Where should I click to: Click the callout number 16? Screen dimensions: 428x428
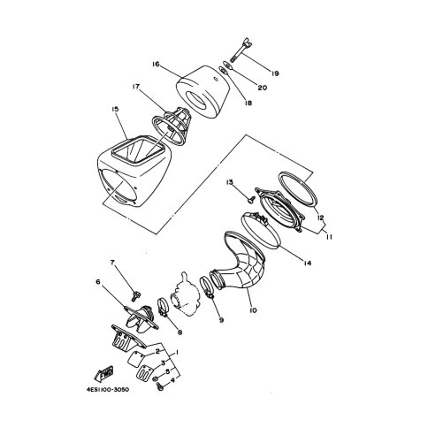pyautogui.click(x=156, y=65)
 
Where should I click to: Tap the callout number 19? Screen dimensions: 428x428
pyautogui.click(x=275, y=73)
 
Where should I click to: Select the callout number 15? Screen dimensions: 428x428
pyautogui.click(x=115, y=110)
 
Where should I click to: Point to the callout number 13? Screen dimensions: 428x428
pyautogui.click(x=230, y=182)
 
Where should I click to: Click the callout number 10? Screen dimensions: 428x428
pyautogui.click(x=253, y=310)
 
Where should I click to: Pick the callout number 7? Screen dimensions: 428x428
pyautogui.click(x=112, y=263)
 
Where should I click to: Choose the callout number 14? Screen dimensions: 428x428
pyautogui.click(x=308, y=264)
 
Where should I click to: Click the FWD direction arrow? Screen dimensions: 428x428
pyautogui.click(x=103, y=373)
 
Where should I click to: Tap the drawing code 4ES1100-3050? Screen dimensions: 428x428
pyautogui.click(x=108, y=390)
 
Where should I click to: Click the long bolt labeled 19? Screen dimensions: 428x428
pyautogui.click(x=240, y=51)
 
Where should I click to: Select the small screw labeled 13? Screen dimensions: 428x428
pyautogui.click(x=251, y=200)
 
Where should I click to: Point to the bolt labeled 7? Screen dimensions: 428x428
pyautogui.click(x=136, y=295)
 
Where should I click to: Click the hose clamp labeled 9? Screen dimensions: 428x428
pyautogui.click(x=207, y=286)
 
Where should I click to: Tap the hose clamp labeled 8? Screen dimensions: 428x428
pyautogui.click(x=163, y=308)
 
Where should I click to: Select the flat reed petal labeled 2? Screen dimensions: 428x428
pyautogui.click(x=135, y=359)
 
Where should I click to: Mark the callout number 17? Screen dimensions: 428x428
pyautogui.click(x=136, y=87)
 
